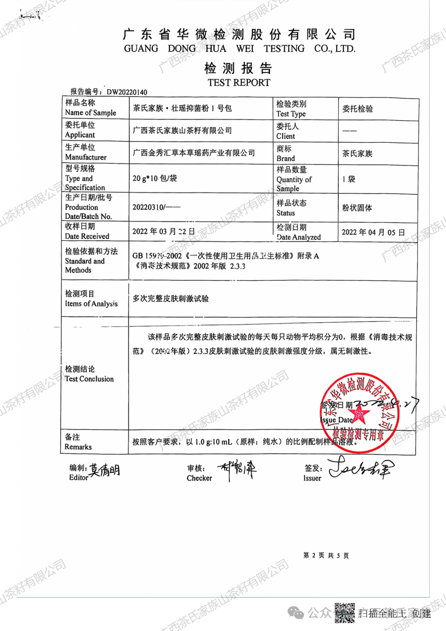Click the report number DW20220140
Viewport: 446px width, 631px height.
coord(127,92)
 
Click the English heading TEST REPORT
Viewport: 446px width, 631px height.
coord(239,83)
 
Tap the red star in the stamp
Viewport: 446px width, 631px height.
coord(359,413)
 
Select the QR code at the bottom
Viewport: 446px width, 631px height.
coord(344,613)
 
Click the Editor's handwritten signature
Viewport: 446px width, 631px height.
coord(105,470)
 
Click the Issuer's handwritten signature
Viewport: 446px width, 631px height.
coord(361,468)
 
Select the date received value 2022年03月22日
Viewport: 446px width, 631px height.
coord(164,232)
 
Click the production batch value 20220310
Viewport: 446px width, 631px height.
coord(156,207)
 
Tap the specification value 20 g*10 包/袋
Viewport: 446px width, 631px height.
coord(154,178)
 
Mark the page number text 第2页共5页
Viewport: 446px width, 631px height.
coord(326,555)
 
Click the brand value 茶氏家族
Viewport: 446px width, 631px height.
coord(357,154)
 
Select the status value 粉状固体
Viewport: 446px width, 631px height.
coord(357,208)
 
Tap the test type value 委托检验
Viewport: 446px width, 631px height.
coord(357,109)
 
